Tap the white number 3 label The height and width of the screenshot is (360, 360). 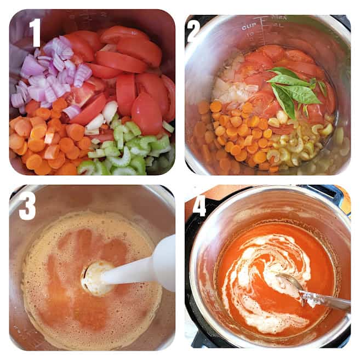pos(27,206)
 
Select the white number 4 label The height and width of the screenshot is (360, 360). pos(199,206)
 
